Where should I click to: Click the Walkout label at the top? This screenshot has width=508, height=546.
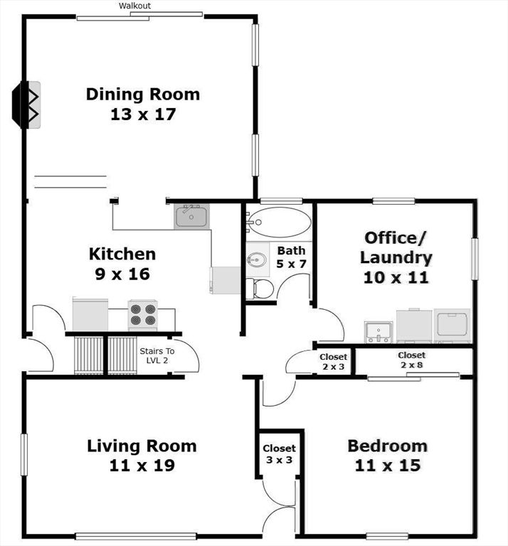coord(134,6)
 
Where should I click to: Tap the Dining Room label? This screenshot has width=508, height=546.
coord(143,104)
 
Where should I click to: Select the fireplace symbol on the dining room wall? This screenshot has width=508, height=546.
coord(29,105)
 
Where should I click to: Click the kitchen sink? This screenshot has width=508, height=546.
coord(191,215)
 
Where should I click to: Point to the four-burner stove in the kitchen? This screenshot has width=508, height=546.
coord(142,315)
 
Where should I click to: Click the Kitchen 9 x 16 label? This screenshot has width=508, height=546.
coord(122,263)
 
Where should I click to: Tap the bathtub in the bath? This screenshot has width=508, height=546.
coord(279,223)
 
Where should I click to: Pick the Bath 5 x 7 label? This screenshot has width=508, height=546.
coord(291,257)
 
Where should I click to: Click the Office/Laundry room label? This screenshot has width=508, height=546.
coord(396,257)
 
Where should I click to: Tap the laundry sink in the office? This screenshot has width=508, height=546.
coord(378,331)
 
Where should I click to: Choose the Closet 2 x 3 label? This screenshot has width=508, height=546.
coord(333,361)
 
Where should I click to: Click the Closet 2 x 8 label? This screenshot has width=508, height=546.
coord(411,360)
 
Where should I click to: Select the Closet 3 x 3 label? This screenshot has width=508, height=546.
coord(279,454)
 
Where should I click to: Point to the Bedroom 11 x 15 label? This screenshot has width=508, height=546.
coord(387,456)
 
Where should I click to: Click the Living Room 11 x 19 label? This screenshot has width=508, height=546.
coord(142,456)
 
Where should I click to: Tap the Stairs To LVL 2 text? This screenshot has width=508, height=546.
coord(157,355)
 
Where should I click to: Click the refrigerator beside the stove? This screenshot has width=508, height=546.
coord(90,314)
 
